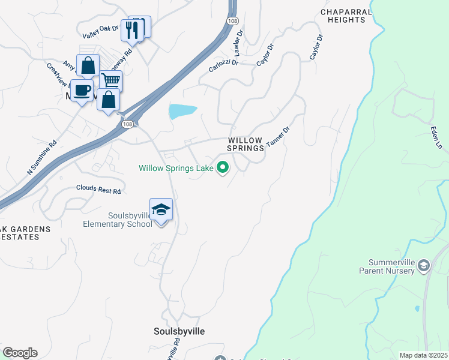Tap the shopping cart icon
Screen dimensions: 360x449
coord(111,80)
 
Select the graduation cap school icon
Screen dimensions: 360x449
coord(161,209)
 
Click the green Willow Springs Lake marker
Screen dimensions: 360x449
coord(223,168)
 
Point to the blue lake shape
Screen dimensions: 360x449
coord(182,111)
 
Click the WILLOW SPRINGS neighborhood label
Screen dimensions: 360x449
coord(245,144)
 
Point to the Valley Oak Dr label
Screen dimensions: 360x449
coord(100,32)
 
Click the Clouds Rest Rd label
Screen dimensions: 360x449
coord(98,190)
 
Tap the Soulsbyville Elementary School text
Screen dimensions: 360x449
coord(117,220)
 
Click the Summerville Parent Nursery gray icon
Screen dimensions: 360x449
coord(423,265)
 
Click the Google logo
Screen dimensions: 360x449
coord(20,353)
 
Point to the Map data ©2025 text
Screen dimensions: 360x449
coord(423,355)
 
